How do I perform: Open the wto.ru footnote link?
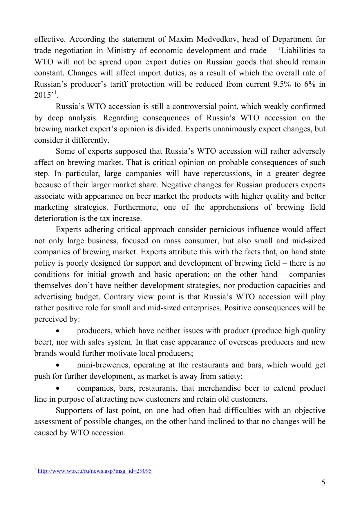click(95, 471)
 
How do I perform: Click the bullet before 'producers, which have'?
click(58, 331)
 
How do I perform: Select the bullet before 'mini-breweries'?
click(58, 365)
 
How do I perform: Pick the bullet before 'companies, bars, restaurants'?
click(58, 388)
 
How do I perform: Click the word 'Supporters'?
click(75, 411)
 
